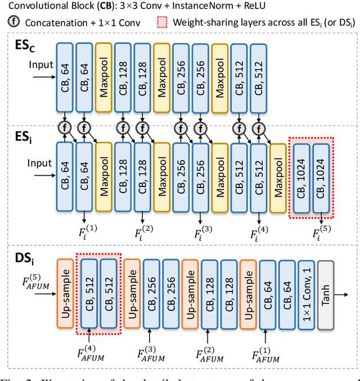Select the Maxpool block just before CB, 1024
pos(277,176)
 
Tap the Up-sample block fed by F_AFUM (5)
pos(65,294)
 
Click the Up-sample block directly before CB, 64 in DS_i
pos(248,294)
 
